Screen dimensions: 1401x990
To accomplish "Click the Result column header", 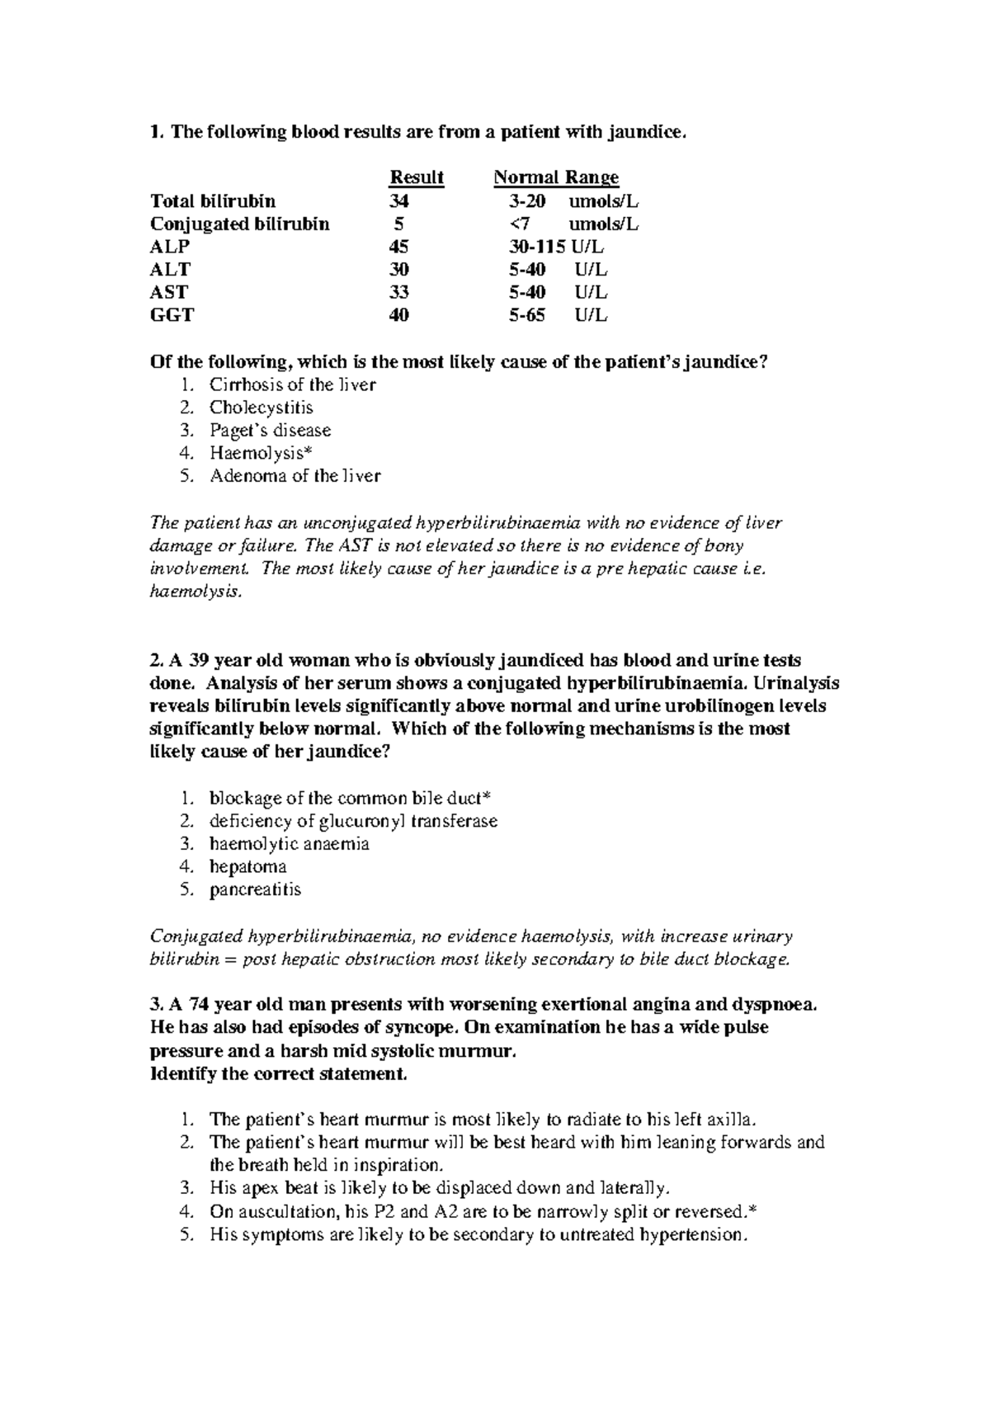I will coord(417,177).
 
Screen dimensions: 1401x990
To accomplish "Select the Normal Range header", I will coord(556,177).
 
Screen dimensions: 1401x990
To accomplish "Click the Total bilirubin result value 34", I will coord(399,201).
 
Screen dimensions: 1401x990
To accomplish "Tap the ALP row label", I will coord(170,247).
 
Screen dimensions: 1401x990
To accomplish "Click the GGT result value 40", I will coord(399,314).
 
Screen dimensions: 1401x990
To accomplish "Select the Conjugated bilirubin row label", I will coord(240,224).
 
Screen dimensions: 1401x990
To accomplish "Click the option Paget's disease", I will coord(270,430).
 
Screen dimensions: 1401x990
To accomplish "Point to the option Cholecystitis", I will coord(261,407).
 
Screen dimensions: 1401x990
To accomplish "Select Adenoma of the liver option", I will coord(295,475).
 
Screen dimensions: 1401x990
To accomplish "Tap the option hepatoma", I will coord(247,866).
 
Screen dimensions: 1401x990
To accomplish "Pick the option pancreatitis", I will coord(255,889).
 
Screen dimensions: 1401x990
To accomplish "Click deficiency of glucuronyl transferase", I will coord(353,821).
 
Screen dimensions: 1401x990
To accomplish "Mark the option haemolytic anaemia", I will coord(289,843).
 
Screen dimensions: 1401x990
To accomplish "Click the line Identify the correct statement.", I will coord(278,1074).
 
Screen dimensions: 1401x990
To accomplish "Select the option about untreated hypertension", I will coord(478,1234).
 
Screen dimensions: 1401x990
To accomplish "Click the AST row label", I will coord(168,292).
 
